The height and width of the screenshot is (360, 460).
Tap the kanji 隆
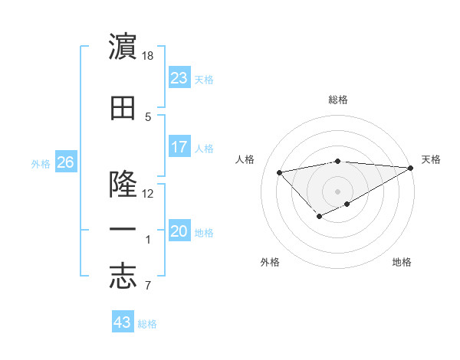[123, 185]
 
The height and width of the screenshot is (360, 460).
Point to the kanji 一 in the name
[123, 229]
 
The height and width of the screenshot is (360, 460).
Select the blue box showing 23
[179, 77]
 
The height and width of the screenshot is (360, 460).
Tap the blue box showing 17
[179, 146]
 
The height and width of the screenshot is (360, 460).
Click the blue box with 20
[179, 231]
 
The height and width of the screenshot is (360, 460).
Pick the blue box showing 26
[65, 162]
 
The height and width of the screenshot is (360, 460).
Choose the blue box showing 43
[123, 322]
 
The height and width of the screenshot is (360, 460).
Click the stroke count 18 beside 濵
[148, 55]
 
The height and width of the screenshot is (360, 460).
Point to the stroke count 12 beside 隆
[148, 193]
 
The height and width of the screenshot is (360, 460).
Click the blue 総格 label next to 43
[147, 324]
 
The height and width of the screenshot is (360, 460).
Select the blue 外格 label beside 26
[41, 163]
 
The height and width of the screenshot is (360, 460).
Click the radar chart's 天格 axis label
[431, 159]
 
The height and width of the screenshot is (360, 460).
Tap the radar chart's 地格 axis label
[402, 262]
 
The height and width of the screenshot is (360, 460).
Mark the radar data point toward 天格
[411, 168]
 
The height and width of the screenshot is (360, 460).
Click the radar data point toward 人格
[279, 172]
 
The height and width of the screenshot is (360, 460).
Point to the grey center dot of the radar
[337, 191]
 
